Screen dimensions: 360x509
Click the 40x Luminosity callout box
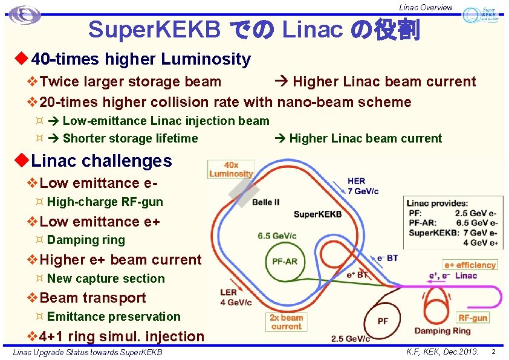230,169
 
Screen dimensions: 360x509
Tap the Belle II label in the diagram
266,202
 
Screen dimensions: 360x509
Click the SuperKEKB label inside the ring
317,214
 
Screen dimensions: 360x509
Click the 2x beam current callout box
287,322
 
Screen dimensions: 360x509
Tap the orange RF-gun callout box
473,318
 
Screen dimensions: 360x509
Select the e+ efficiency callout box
470,265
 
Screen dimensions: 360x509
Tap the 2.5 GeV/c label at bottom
350,339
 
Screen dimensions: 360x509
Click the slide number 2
493,351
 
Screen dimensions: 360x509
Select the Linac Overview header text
425,7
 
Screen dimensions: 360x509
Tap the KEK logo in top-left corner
25,15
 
